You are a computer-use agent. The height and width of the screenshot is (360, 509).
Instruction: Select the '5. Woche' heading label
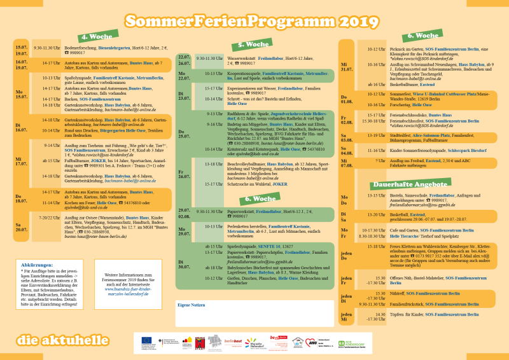tap(253, 45)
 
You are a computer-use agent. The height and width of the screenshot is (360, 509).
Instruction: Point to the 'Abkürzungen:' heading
tap(37, 265)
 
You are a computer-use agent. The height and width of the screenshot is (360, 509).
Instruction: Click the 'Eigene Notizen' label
tap(192, 307)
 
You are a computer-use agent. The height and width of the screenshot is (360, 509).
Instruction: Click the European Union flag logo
tap(147, 342)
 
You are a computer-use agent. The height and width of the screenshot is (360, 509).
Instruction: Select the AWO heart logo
tap(310, 342)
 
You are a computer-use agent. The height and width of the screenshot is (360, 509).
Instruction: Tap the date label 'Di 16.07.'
tap(22, 126)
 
